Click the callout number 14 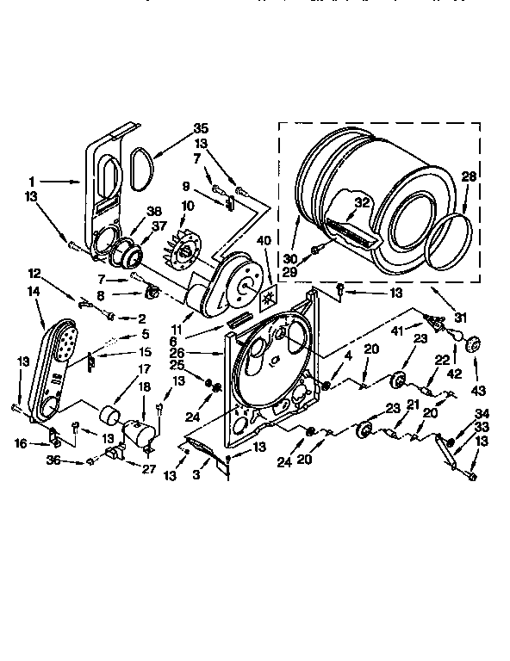point(34,292)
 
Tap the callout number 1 point(33,182)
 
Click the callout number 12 point(34,273)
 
